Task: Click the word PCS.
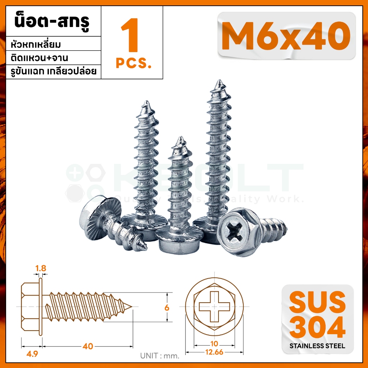click(134, 63)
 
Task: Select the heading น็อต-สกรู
click(52, 22)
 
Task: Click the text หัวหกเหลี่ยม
click(36, 44)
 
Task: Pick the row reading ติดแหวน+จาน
click(39, 58)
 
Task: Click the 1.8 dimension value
click(41, 268)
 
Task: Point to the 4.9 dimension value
click(32, 354)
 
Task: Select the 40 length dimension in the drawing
click(88, 346)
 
